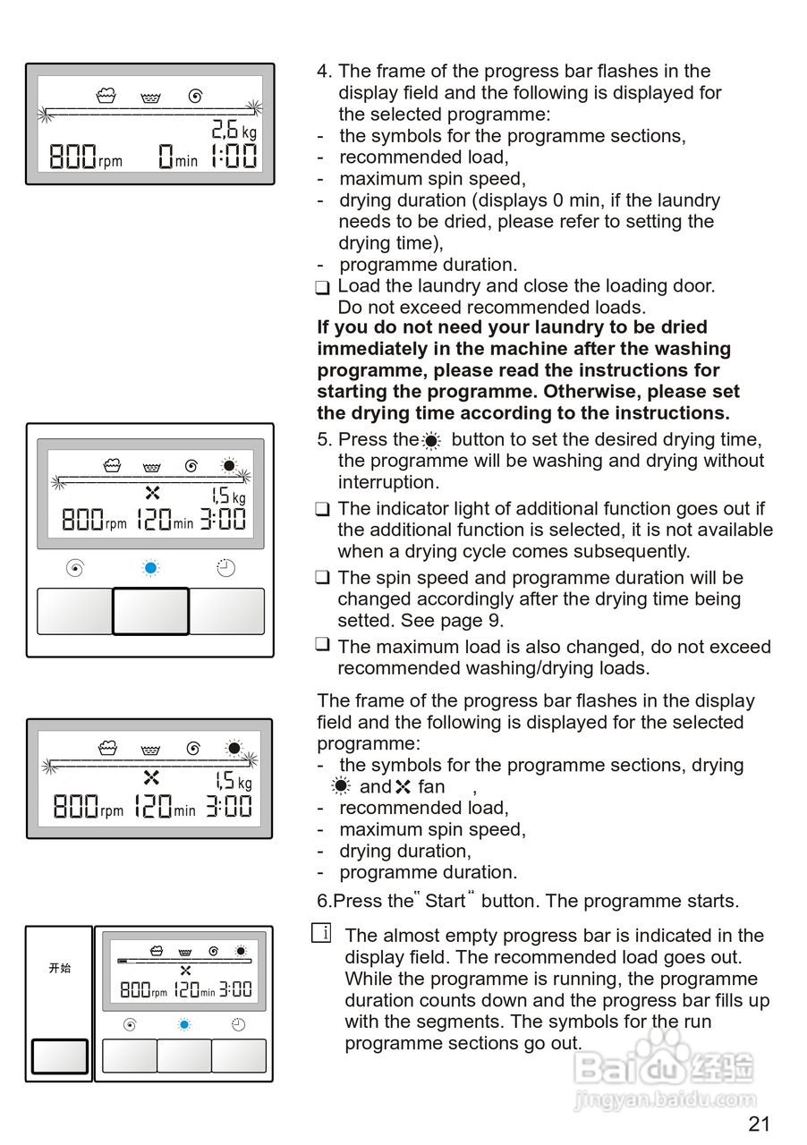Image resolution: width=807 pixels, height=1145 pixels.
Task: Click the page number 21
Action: pyautogui.click(x=759, y=1124)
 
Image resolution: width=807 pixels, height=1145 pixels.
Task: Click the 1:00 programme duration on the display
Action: pyautogui.click(x=234, y=158)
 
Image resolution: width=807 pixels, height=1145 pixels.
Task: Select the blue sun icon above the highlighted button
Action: pyautogui.click(x=150, y=567)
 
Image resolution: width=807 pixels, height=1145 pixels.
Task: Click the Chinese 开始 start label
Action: pyautogui.click(x=60, y=968)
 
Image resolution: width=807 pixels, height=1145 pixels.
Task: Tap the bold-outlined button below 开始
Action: pyautogui.click(x=60, y=1056)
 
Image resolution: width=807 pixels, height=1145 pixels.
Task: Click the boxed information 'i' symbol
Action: pyautogui.click(x=322, y=934)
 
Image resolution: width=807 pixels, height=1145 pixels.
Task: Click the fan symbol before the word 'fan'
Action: pyautogui.click(x=403, y=787)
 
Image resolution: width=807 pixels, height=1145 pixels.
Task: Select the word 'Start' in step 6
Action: pyautogui.click(x=446, y=901)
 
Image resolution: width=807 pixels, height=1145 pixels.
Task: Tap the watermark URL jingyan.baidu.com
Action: pyautogui.click(x=666, y=1100)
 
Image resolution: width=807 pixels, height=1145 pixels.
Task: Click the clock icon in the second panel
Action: pyautogui.click(x=226, y=567)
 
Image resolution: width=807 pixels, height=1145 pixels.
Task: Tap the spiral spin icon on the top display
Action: pyautogui.click(x=194, y=96)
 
